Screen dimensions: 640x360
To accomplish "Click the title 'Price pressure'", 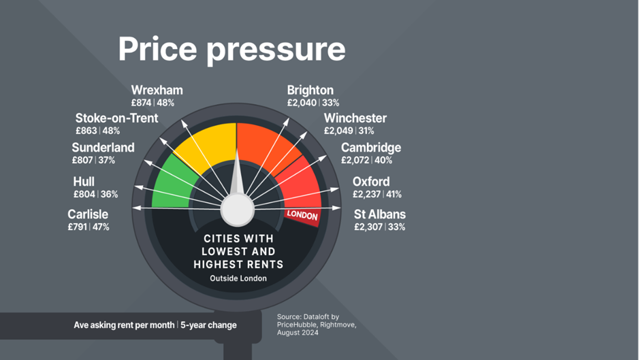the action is pos(232,50).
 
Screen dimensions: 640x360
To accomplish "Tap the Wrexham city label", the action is pos(157,91).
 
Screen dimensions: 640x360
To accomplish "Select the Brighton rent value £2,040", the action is pos(302,103).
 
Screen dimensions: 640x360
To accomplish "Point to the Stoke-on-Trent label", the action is pos(116,118).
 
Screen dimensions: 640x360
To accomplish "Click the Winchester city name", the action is pos(355,118).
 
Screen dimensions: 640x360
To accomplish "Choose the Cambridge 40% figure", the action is pos(383,161).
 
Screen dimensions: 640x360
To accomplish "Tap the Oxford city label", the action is pos(370,182).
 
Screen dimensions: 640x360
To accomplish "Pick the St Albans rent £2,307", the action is pos(368,227).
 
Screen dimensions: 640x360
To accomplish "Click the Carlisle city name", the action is pos(88,214).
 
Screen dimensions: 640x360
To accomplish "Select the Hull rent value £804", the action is pos(84,194).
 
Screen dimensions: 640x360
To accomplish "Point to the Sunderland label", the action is pos(103,148).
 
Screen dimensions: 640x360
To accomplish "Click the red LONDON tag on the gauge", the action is pos(302,214).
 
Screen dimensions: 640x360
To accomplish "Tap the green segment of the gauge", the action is pos(172,184).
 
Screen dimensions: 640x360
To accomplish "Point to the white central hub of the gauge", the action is pos(237,210).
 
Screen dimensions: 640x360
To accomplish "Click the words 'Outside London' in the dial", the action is pos(238,278).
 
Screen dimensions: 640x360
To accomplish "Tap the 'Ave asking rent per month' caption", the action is pos(124,325).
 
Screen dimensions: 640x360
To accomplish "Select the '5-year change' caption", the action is pos(208,325).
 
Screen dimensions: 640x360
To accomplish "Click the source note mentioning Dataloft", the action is pos(317,325).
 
